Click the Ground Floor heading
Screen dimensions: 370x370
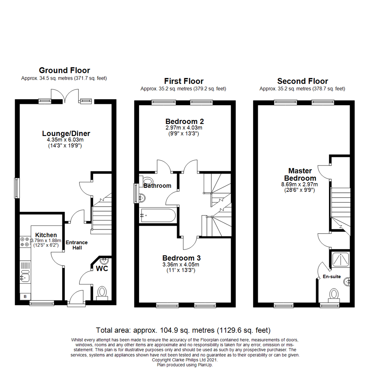click(64, 71)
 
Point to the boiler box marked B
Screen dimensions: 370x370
click(25, 296)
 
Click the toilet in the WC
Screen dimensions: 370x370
click(102, 292)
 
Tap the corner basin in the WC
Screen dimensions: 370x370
click(104, 260)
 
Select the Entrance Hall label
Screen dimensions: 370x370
click(77, 245)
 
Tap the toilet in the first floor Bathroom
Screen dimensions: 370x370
click(148, 181)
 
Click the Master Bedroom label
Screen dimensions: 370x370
click(300, 174)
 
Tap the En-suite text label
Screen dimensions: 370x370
click(332, 276)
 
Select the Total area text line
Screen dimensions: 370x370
click(183, 330)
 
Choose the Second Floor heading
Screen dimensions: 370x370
click(303, 81)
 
